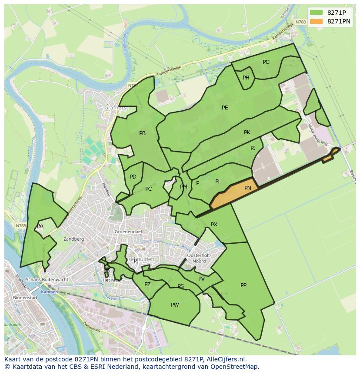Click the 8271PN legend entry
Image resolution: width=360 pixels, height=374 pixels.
click(330, 21)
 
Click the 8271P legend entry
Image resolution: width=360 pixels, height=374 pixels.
click(330, 13)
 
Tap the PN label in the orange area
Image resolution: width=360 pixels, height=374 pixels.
click(247, 188)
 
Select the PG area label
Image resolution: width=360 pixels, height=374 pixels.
click(266, 62)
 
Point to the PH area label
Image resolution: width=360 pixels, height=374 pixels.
click(246, 78)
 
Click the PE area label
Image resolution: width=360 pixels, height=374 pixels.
click(225, 108)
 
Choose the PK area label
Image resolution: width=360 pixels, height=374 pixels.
click(247, 132)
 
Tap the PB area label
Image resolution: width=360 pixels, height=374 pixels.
click(142, 133)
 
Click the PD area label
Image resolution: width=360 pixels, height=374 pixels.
click(133, 177)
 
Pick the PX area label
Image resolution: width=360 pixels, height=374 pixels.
click(214, 225)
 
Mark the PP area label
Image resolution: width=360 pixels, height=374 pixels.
click(243, 285)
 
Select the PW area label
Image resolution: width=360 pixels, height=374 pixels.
click(175, 305)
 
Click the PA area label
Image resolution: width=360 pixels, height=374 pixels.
click(40, 226)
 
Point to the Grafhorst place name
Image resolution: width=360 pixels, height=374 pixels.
click(116, 107)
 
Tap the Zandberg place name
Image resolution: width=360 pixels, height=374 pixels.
click(73, 239)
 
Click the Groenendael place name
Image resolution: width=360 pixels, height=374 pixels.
click(129, 232)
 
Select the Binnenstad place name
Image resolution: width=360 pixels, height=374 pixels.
click(25, 298)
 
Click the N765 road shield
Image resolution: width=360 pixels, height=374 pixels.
click(21, 226)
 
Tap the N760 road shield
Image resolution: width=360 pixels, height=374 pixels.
click(300, 22)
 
